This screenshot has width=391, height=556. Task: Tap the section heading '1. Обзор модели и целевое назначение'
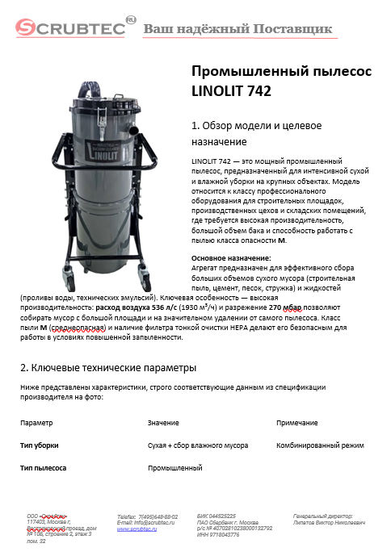click(255, 133)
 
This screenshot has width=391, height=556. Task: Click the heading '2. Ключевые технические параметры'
click(108, 367)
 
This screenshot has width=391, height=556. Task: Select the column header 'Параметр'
click(37, 423)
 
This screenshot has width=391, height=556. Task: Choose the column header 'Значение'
click(163, 423)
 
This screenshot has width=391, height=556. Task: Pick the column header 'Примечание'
click(296, 423)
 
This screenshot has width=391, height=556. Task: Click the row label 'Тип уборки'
click(40, 445)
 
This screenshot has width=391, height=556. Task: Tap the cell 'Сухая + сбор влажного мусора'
click(198, 445)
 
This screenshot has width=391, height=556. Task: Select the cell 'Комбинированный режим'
click(320, 445)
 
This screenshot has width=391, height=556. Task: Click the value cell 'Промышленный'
click(174, 468)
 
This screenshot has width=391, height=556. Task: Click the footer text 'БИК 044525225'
click(217, 515)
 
